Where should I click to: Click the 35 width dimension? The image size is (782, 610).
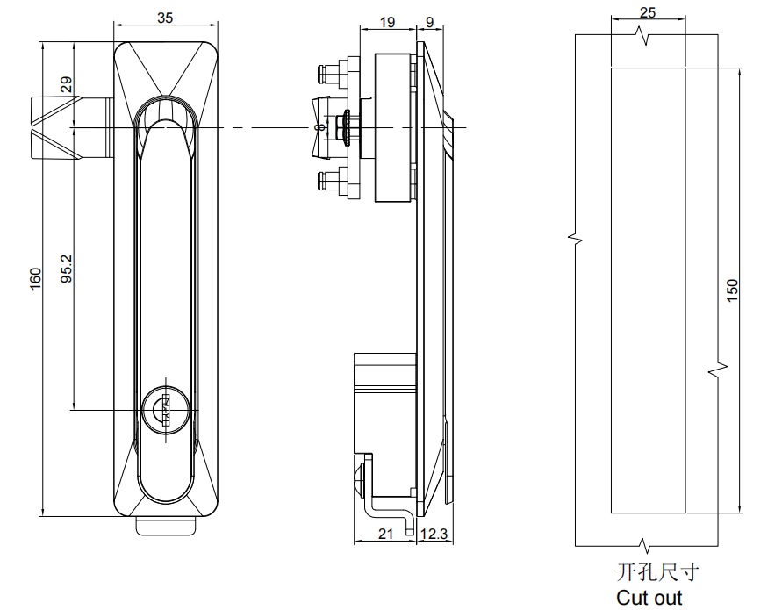pos(165,18)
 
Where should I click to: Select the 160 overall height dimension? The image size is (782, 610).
pos(35,278)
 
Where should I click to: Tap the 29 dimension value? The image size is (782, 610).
pos(66,86)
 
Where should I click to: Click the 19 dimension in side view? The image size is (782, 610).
pos(386,23)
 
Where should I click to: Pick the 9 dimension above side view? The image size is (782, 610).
pos(430,23)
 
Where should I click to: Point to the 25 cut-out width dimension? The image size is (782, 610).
pos(648,12)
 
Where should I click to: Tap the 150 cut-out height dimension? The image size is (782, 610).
pos(733,290)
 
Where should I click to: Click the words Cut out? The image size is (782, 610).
pos(649,598)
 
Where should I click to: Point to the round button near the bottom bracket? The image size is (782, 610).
pos(359,482)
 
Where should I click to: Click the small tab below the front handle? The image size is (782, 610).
pos(165,527)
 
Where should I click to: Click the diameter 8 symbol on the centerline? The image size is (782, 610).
pos(318,128)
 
